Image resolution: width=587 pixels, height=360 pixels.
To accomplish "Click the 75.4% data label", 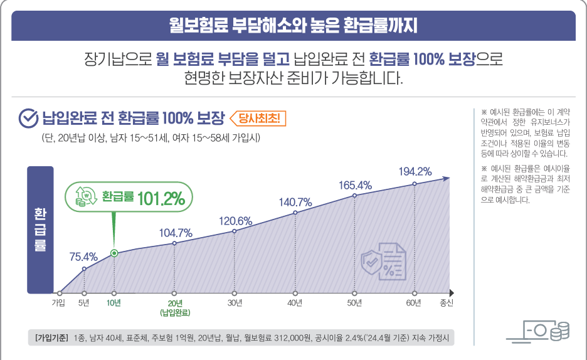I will tap(83, 257).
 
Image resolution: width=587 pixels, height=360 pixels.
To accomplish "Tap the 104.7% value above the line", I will tap(175, 233).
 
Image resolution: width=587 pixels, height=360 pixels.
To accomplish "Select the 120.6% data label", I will tap(235, 221).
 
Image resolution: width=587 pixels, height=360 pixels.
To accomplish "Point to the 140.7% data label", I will tap(295, 202).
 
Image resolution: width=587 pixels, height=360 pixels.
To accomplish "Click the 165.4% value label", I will tap(356, 185).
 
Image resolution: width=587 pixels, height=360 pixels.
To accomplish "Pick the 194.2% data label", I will tap(415, 171).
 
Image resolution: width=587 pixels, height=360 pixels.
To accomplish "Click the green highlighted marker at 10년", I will tap(114, 253).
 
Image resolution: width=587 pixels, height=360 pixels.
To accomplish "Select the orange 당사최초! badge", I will tap(258, 118).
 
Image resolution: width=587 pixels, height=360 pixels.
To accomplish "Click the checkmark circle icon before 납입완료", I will tap(28, 118).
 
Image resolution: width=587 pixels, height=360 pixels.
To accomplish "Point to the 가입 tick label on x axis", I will tap(58, 303).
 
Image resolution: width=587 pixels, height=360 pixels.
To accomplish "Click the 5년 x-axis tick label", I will tap(84, 303).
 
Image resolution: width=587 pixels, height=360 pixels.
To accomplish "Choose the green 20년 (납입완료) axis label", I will tap(175, 307).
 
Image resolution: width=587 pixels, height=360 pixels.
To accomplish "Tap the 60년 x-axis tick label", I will tap(414, 303).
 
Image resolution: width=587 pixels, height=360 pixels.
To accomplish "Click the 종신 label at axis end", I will tap(447, 303).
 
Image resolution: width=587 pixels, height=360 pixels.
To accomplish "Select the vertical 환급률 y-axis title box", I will tap(40, 230).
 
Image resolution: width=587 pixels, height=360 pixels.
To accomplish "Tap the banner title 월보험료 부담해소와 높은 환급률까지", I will tap(293, 26).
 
